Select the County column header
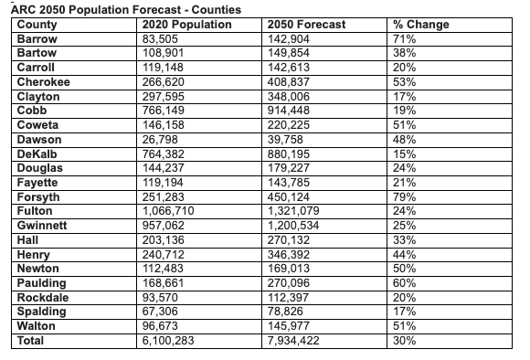(37, 25)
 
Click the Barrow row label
(37, 39)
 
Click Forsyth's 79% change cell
(403, 196)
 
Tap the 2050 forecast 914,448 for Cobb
(296, 111)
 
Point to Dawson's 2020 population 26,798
(164, 139)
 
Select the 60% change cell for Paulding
(403, 282)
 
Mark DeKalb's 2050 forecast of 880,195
(296, 154)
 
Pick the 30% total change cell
(403, 340)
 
